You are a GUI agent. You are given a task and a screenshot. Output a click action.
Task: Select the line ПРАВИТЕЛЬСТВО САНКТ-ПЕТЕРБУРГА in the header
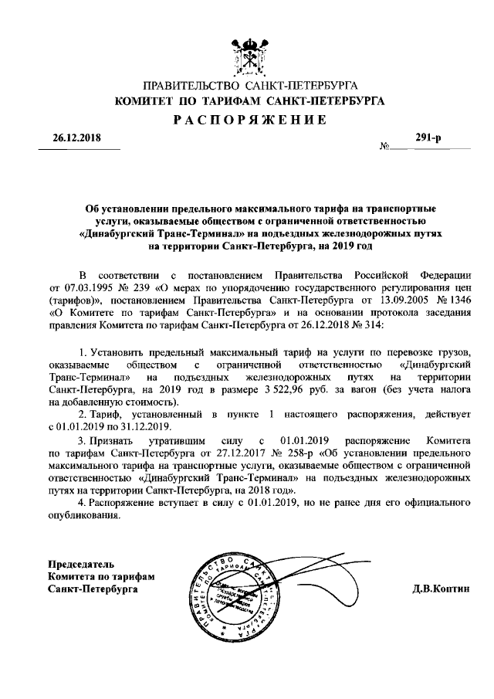pyautogui.click(x=249, y=86)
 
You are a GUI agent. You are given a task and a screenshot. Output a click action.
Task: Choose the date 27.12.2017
pyautogui.click(x=234, y=452)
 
